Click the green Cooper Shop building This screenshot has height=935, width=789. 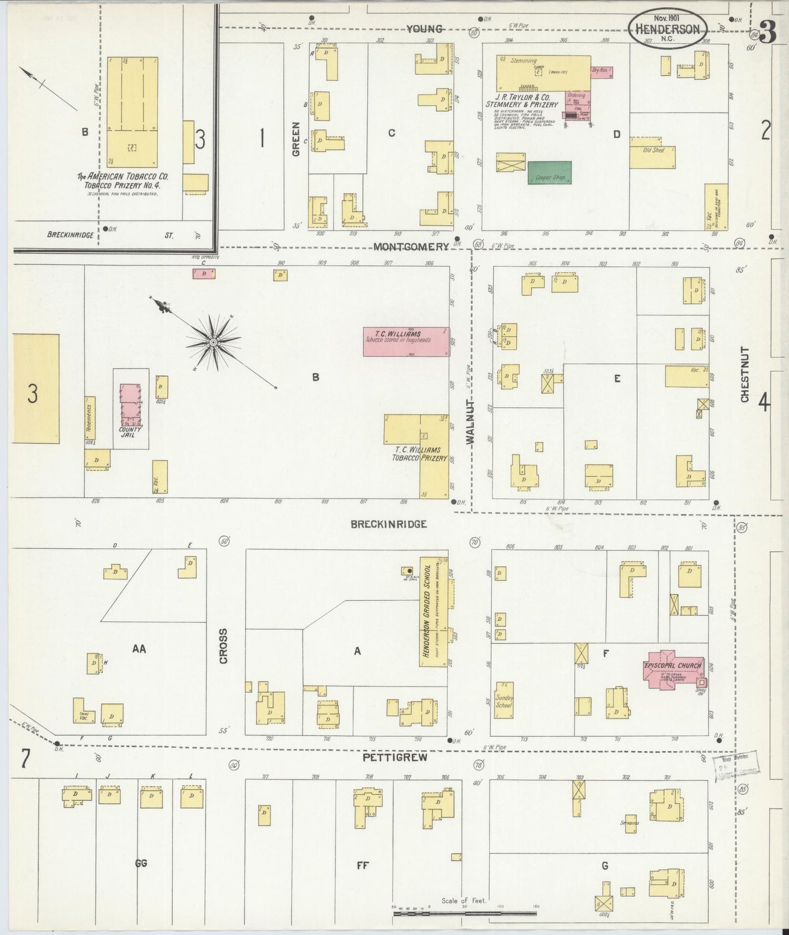coord(549,172)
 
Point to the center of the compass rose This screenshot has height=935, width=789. coord(213,341)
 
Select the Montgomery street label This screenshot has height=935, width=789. coord(411,247)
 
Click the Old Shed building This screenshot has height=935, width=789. coord(653,152)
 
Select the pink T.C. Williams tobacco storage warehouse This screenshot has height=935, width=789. coord(406,341)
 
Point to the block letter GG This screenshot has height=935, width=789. coord(141,863)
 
